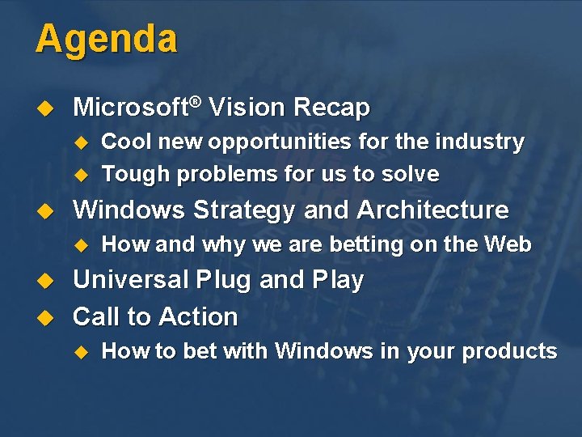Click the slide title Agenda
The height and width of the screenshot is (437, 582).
point(106,39)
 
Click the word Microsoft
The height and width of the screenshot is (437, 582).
point(131,108)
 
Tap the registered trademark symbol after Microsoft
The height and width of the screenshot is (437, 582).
point(196,101)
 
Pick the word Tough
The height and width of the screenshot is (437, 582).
point(135,174)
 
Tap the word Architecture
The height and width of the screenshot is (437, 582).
point(432,210)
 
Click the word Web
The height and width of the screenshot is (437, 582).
point(508,244)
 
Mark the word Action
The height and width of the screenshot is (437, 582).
point(198,316)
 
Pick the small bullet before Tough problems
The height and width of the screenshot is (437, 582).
point(80,175)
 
